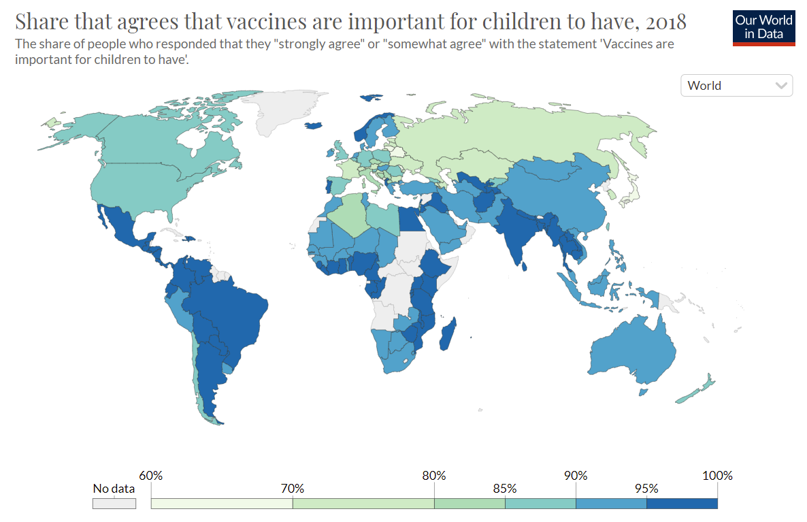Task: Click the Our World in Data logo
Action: pyautogui.click(x=763, y=27)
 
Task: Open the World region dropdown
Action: pyautogui.click(x=736, y=86)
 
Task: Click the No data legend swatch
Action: pyautogui.click(x=114, y=504)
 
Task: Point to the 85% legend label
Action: pyautogui.click(x=505, y=489)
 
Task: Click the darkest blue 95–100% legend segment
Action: pyautogui.click(x=682, y=504)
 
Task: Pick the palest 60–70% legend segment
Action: pyautogui.click(x=221, y=504)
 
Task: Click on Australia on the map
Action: pyautogui.click(x=633, y=350)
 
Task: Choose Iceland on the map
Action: pyautogui.click(x=314, y=125)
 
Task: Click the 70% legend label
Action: pyautogui.click(x=292, y=489)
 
